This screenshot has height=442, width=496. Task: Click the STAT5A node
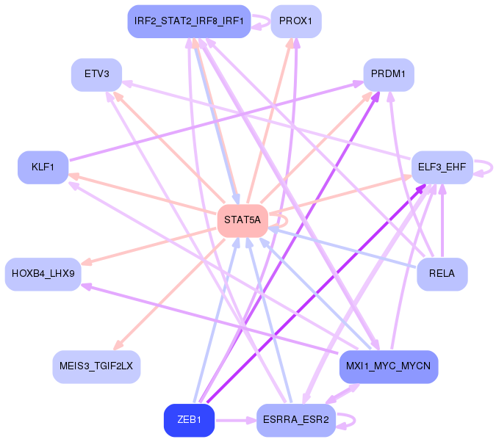click(x=242, y=220)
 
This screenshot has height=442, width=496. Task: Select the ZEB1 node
click(x=189, y=421)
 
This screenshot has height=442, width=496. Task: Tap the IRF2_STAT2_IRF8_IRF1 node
click(x=189, y=21)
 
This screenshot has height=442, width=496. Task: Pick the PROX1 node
click(x=296, y=21)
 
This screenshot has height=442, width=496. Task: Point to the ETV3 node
click(x=96, y=74)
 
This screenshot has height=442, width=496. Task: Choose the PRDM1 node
click(x=389, y=74)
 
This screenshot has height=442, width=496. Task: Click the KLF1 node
click(x=43, y=167)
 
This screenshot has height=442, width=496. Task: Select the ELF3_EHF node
click(x=442, y=167)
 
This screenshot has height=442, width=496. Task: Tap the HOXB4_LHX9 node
click(x=43, y=274)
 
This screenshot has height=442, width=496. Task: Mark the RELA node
click(x=442, y=274)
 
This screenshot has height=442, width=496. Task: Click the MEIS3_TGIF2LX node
click(x=96, y=366)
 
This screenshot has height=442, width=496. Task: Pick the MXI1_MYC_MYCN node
click(x=389, y=366)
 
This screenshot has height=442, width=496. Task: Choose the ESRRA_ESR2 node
click(x=296, y=421)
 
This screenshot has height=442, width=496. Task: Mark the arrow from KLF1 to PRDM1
click(x=220, y=121)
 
